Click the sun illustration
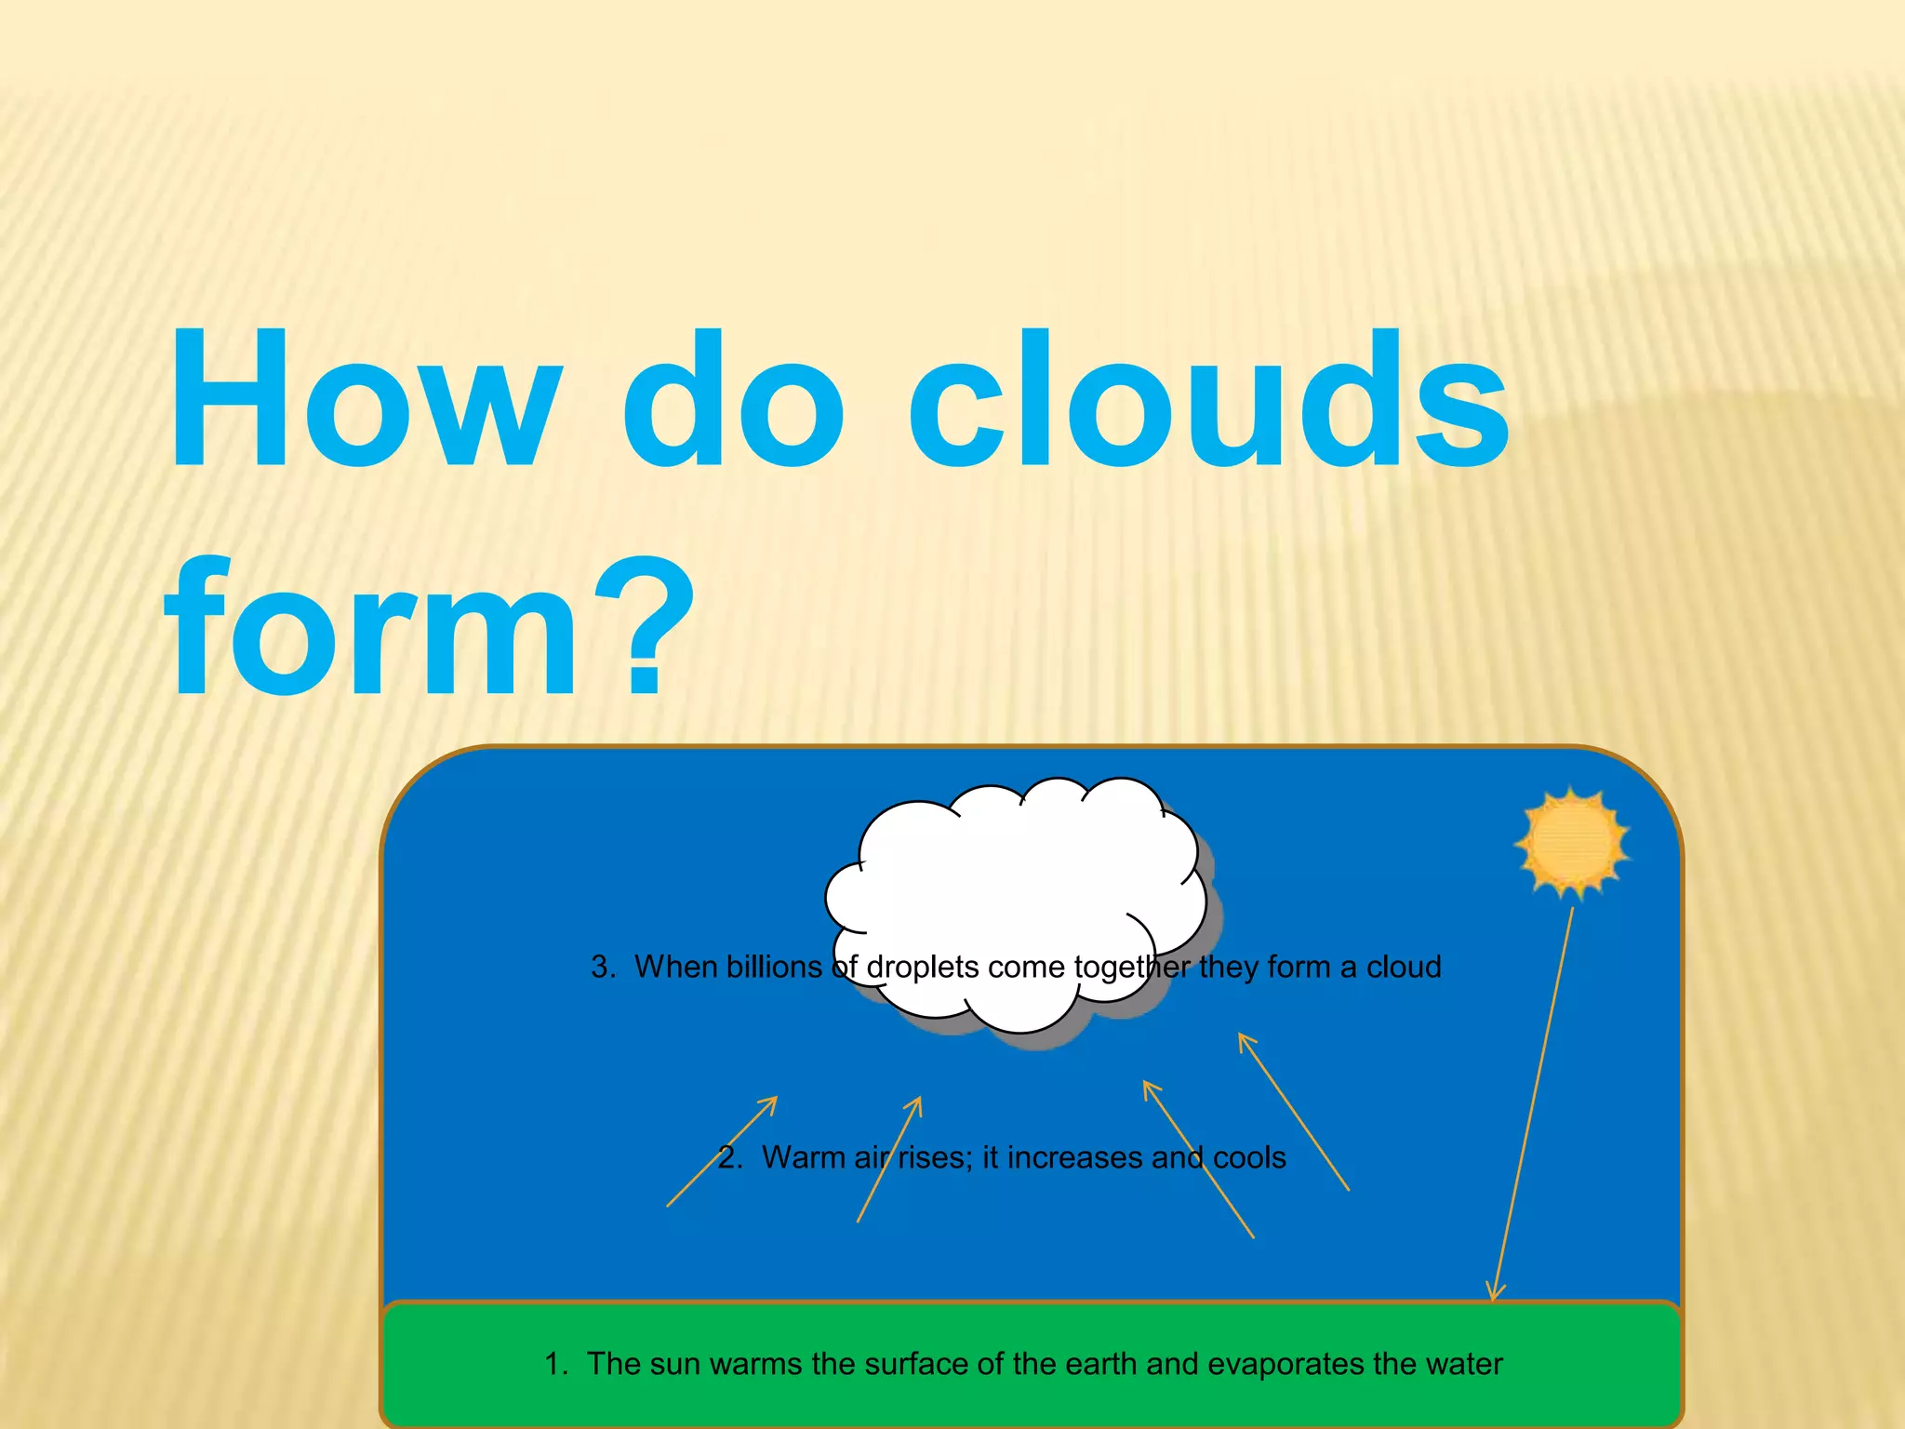click(x=1572, y=842)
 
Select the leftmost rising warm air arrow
click(x=722, y=1152)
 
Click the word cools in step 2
click(x=1249, y=1157)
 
